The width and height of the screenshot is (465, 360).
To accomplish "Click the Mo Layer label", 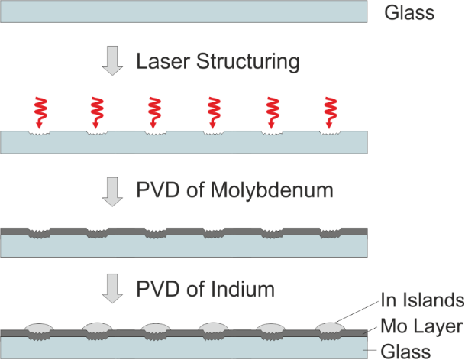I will pyautogui.click(x=421, y=328).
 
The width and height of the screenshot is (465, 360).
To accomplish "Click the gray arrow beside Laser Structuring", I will pyautogui.click(x=113, y=62).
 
